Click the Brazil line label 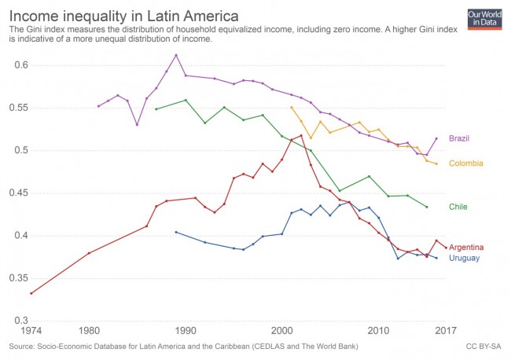pyautogui.click(x=459, y=139)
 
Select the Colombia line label pyautogui.click(x=465, y=163)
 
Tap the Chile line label pyautogui.click(x=458, y=207)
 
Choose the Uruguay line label pyautogui.click(x=464, y=258)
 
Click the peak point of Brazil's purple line pyautogui.click(x=176, y=55)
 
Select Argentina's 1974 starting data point pyautogui.click(x=31, y=293)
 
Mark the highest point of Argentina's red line pyautogui.click(x=301, y=135)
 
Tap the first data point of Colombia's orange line pyautogui.click(x=292, y=107)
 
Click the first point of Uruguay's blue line pyautogui.click(x=175, y=232)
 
